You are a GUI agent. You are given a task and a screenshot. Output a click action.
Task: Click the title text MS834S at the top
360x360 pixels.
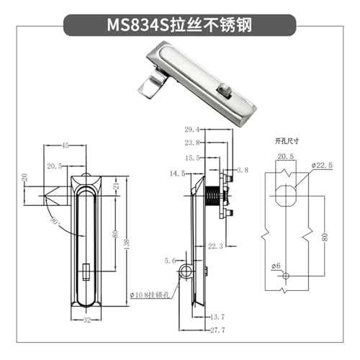pyautogui.click(x=138, y=25)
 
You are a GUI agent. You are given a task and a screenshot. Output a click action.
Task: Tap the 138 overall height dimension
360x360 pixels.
pyautogui.click(x=127, y=244)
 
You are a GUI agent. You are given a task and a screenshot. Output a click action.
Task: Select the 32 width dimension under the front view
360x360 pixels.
pyautogui.click(x=86, y=320)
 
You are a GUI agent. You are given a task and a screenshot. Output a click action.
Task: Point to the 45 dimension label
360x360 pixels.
pyautogui.click(x=65, y=145)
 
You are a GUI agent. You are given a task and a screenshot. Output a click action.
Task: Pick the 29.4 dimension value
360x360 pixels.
pyautogui.click(x=192, y=130)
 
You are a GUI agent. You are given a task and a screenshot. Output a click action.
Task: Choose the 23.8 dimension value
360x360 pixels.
pyautogui.click(x=192, y=143)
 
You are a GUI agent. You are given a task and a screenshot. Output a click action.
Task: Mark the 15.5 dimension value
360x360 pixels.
pyautogui.click(x=192, y=158)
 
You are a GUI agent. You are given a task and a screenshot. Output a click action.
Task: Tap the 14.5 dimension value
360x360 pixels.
pyautogui.click(x=177, y=174)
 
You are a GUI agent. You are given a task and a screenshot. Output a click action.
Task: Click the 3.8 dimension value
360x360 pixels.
pyautogui.click(x=243, y=170)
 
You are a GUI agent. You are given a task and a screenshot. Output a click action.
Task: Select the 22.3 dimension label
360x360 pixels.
pyautogui.click(x=215, y=246)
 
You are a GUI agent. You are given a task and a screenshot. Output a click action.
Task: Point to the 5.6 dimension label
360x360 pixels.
pyautogui.click(x=170, y=261)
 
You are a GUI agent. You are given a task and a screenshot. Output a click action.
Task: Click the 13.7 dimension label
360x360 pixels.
pyautogui.click(x=217, y=317)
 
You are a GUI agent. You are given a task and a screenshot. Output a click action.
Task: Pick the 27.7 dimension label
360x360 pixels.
pyautogui.click(x=217, y=330)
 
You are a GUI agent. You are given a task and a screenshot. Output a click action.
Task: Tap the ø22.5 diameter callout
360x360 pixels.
pyautogui.click(x=322, y=166)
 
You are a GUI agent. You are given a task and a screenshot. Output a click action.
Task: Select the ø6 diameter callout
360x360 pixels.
pyautogui.click(x=276, y=266)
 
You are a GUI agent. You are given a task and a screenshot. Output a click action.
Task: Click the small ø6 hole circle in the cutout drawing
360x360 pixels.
pyautogui.click(x=286, y=276)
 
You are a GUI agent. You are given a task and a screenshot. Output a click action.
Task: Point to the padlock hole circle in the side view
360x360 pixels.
pyautogui.click(x=185, y=271)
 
